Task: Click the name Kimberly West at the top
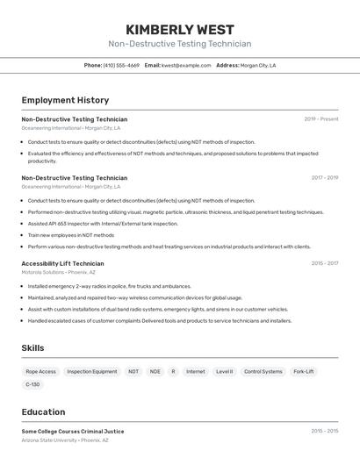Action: click(179, 29)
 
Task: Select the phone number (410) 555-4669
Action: click(121, 65)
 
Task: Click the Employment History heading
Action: click(65, 100)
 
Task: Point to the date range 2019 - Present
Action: click(320, 119)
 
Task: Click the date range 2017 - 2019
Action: click(324, 178)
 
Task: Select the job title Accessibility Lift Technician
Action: click(62, 263)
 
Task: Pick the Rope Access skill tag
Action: click(40, 371)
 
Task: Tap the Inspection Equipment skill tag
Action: click(92, 371)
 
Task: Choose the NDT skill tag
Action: click(133, 371)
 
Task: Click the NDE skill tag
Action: click(155, 371)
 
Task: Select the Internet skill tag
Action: click(195, 371)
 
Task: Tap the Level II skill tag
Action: click(225, 371)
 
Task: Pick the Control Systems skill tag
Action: click(263, 371)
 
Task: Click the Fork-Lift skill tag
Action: click(304, 371)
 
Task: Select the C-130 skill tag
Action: click(32, 384)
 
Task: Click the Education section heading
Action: click(43, 411)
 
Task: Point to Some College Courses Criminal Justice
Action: click(72, 432)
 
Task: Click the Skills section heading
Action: click(32, 348)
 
